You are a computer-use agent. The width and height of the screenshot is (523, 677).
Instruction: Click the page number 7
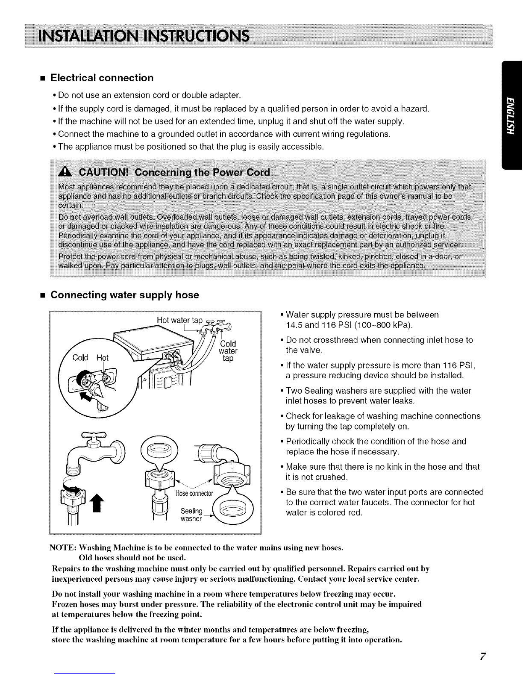point(483,656)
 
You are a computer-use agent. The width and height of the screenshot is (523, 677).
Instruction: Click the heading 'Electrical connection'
point(102,78)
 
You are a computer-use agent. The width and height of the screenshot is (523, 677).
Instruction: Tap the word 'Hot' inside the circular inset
point(103,357)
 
